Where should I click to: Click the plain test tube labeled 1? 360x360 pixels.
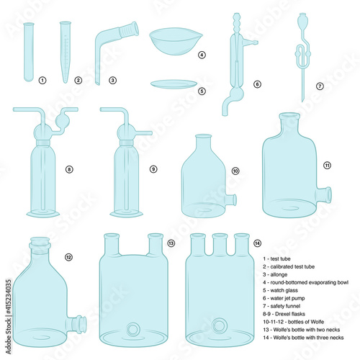pos(29,52)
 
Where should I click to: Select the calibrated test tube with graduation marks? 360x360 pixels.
pos(66,52)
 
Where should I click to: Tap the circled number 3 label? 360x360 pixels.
pos(112,80)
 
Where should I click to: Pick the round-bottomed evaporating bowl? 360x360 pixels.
pos(176,42)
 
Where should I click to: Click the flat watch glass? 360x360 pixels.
pos(174,84)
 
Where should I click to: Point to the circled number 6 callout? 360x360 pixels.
pos(257,84)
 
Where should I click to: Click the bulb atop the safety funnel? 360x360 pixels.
pos(302,21)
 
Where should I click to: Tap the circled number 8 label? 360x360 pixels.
pos(69,169)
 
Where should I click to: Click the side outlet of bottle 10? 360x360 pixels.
pos(231,200)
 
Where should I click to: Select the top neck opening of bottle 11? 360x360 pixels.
pos(289,116)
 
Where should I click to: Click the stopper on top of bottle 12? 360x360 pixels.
pos(40,243)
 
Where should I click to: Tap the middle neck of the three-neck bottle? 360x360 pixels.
pos(220,244)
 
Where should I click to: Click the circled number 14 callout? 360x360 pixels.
pos(257,243)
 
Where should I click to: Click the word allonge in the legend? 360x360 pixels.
pos(279,274)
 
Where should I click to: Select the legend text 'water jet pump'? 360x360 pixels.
pos(287,298)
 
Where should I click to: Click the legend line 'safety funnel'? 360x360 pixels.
pos(285,306)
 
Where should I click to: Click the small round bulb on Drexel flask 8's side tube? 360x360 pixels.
pos(63,121)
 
